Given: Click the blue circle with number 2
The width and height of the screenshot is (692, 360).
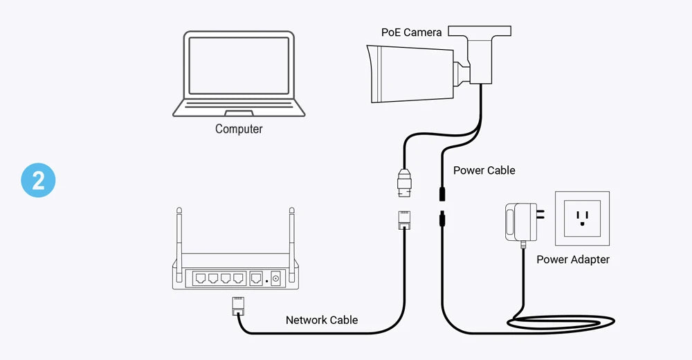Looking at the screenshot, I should point(38,181).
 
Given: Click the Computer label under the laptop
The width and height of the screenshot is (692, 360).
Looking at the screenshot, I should point(239,129).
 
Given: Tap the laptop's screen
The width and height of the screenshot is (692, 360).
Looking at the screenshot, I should point(239,65).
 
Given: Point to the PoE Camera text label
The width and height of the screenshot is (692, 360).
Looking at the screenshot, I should point(411,33).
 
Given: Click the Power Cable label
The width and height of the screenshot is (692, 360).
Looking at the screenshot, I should point(484,170).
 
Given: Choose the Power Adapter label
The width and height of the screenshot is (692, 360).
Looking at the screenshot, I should point(573,260).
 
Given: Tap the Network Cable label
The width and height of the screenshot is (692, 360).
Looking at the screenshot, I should point(322,320).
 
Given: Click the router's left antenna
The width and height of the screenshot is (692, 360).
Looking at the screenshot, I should point(179,235).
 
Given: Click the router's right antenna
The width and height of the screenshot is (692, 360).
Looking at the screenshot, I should point(291,235).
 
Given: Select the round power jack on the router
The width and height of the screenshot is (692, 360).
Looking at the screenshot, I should point(275,278).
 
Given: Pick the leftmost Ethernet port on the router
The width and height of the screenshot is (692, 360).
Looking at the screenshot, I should point(199,278).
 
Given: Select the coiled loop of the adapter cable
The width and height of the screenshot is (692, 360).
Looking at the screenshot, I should point(561,321).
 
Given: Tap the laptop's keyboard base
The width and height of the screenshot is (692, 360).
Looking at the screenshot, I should point(239,108).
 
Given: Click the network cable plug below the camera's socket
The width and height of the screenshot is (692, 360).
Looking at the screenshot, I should point(405,219).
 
